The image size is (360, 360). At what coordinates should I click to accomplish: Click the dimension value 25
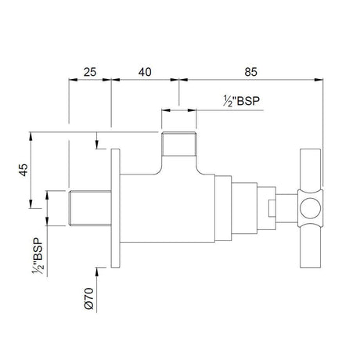90,72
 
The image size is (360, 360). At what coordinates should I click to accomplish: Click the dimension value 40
145,72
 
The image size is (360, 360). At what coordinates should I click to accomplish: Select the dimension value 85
250,72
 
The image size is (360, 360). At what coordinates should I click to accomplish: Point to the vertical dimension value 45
23,170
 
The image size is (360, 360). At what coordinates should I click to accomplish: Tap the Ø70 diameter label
89,298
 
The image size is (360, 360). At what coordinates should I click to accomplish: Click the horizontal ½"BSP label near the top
242,101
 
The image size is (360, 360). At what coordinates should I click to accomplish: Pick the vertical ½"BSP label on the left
38,256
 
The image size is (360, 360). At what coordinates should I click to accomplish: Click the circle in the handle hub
310,208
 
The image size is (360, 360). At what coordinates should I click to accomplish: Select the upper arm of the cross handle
310,169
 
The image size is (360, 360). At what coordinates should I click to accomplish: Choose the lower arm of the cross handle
310,247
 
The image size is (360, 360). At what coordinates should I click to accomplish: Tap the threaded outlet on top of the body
179,144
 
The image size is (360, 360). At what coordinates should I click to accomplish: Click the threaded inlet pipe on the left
90,208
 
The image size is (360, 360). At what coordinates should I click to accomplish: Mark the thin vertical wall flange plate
115,208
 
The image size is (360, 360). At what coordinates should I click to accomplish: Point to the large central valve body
167,208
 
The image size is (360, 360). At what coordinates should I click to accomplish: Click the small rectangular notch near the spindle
272,208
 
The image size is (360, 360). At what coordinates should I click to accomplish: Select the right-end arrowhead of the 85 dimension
319,80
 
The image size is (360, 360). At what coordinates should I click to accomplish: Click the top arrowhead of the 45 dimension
31,136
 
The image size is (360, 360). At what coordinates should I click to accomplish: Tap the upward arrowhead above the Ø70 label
97,272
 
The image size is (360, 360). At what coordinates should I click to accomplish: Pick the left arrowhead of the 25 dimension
73,80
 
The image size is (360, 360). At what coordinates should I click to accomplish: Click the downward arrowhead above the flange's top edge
97,145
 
